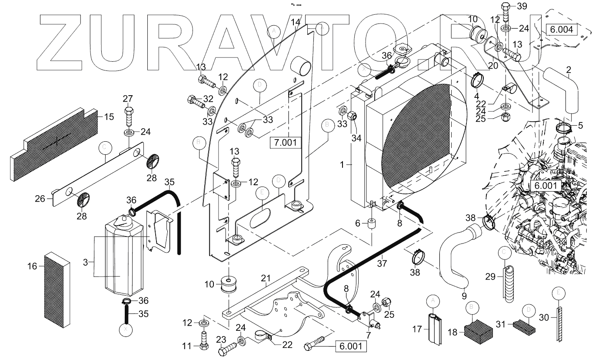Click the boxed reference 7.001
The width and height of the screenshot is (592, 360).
pyautogui.click(x=286, y=142)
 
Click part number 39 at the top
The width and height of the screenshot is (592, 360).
pyautogui.click(x=522, y=6)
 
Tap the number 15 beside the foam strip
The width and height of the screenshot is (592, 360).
pyautogui.click(x=109, y=117)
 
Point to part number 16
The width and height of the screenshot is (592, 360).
pyautogui.click(x=33, y=266)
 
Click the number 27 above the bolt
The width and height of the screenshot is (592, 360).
pyautogui.click(x=127, y=98)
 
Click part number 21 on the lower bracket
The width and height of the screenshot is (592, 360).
pyautogui.click(x=266, y=278)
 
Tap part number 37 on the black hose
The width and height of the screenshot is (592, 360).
pyautogui.click(x=382, y=263)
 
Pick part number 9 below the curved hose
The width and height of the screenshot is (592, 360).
pyautogui.click(x=464, y=296)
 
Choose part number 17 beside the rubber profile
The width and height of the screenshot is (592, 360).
pyautogui.click(x=417, y=330)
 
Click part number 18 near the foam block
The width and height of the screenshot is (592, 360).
pyautogui.click(x=452, y=332)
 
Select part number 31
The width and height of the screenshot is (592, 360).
pyautogui.click(x=502, y=324)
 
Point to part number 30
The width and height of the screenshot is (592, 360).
pyautogui.click(x=543, y=317)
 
